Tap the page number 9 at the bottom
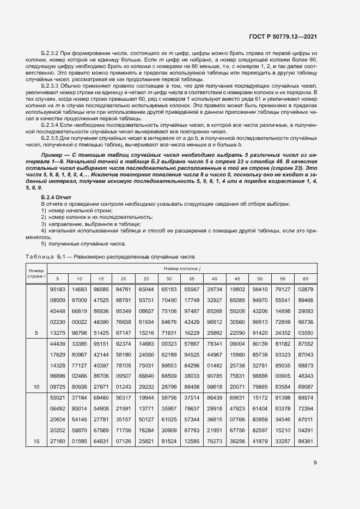[x=315, y=463]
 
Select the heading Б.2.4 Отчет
[x=57, y=196]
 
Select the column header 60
[x=305, y=278]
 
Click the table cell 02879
[x=305, y=289]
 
